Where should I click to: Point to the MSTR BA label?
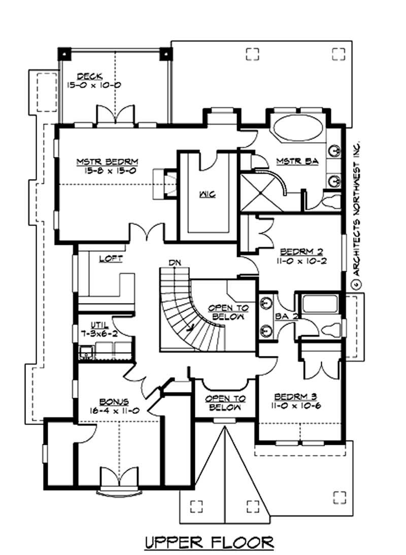click(297, 161)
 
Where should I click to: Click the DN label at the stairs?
click(175, 263)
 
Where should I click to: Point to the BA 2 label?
click(283, 315)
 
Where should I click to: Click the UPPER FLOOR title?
click(209, 542)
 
